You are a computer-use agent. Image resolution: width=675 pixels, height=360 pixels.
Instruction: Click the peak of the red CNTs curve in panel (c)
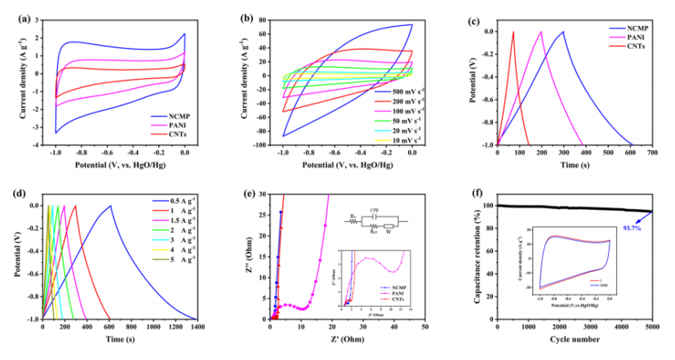pos(513,32)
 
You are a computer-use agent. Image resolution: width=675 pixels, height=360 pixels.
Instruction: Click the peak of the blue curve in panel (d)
pos(110,206)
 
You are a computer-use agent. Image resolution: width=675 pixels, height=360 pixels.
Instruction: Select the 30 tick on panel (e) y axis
pos(263,195)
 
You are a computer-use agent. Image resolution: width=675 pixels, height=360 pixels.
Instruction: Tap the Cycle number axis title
pos(575,339)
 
